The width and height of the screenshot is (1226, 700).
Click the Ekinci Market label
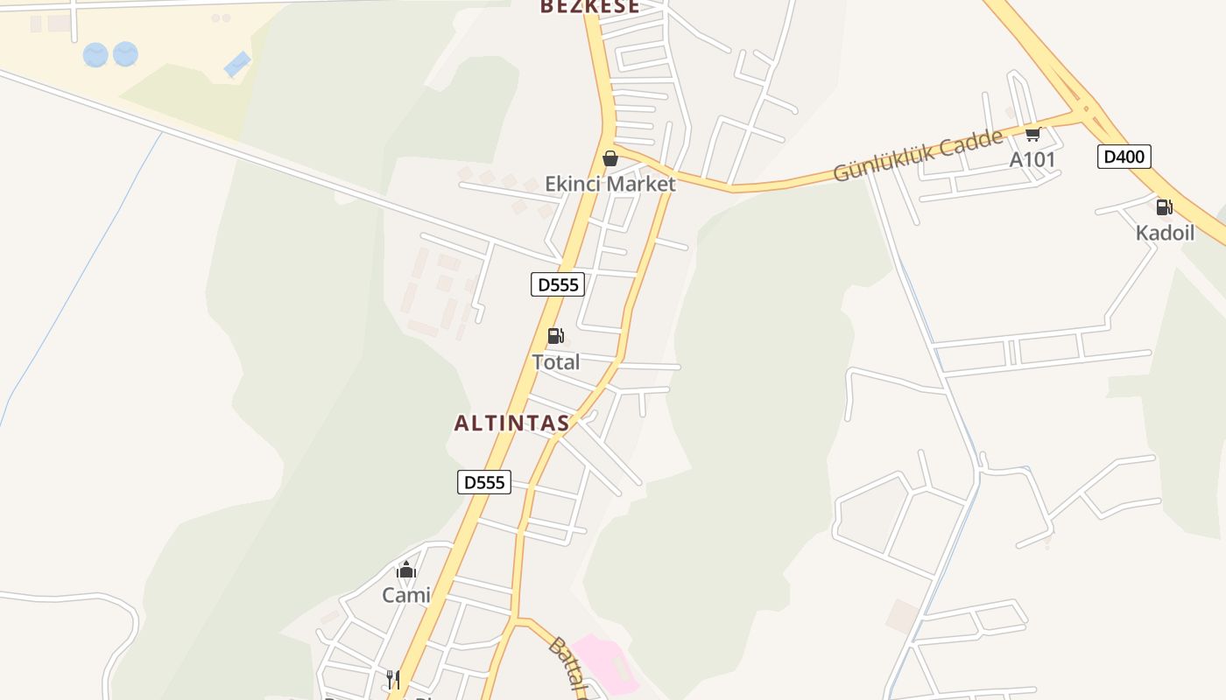click(x=610, y=184)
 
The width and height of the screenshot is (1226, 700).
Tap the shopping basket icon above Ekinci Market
click(x=610, y=158)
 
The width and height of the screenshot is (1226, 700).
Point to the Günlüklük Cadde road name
click(x=918, y=155)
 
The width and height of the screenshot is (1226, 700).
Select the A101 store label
click(x=1032, y=159)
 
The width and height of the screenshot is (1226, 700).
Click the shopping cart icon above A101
click(x=1032, y=134)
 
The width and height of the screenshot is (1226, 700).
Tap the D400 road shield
click(x=1124, y=157)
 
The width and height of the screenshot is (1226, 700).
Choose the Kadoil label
click(x=1165, y=233)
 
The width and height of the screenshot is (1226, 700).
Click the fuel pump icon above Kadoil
click(x=1164, y=207)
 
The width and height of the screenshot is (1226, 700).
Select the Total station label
click(x=556, y=361)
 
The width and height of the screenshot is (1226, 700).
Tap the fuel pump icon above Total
click(x=555, y=336)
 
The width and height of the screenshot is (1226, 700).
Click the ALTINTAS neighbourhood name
click(x=511, y=423)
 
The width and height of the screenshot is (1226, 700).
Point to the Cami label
click(x=406, y=596)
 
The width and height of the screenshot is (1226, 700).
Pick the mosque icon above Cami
click(x=406, y=571)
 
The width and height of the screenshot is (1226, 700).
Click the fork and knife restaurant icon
click(x=393, y=679)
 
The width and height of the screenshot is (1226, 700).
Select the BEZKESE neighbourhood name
click(x=589, y=7)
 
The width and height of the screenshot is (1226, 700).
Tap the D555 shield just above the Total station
click(x=558, y=284)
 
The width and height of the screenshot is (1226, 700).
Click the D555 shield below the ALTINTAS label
click(x=484, y=482)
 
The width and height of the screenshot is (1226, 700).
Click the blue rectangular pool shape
click(x=236, y=64)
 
